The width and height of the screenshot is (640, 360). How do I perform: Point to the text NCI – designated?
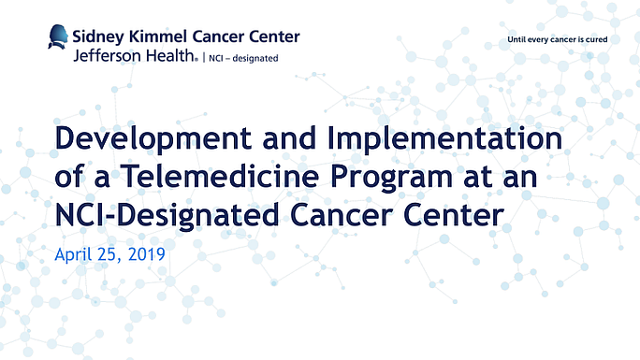[x=240, y=57]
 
